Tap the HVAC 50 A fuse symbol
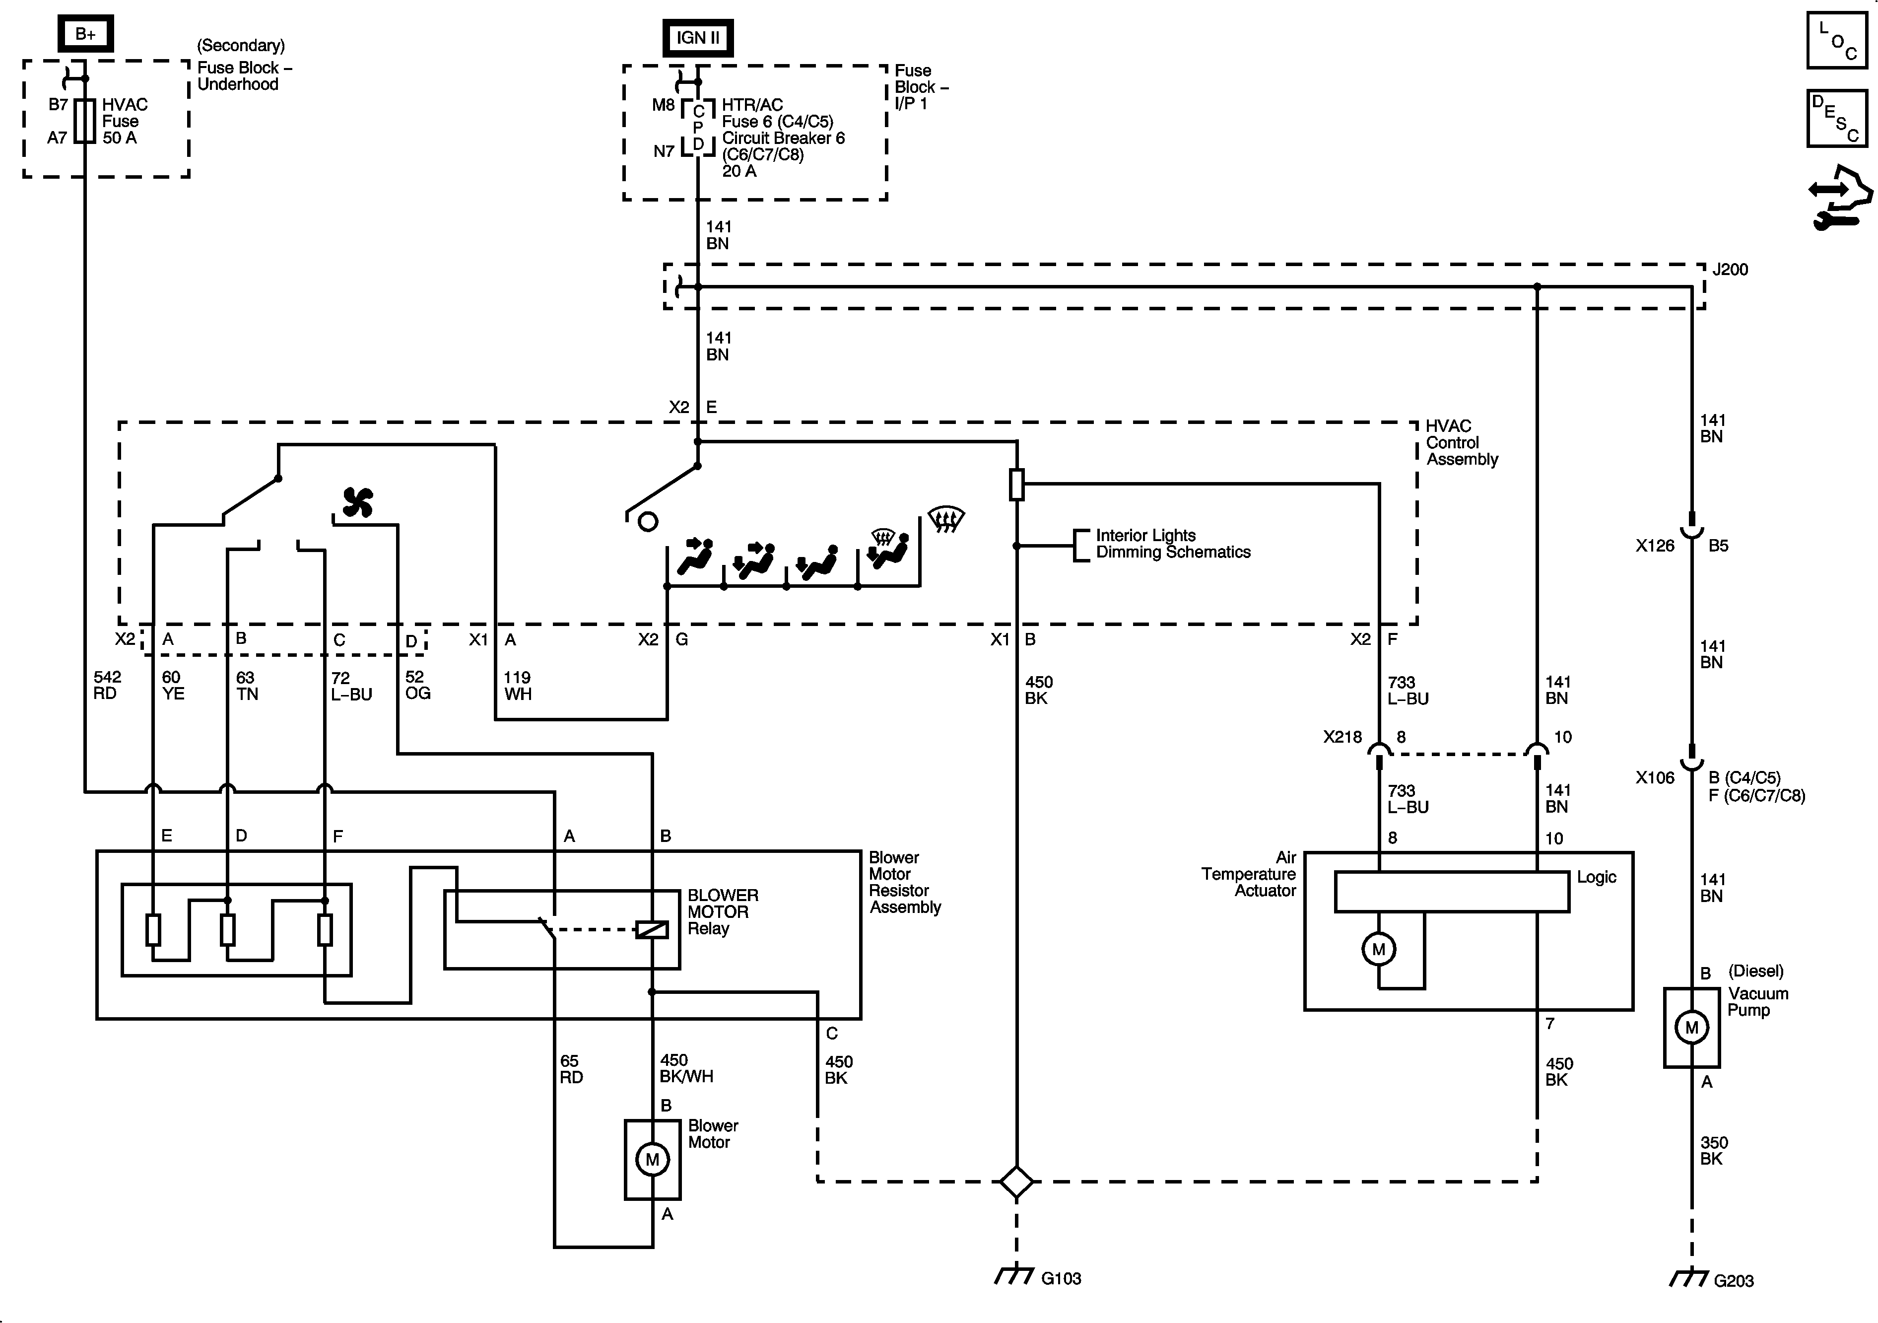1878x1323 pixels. tap(85, 121)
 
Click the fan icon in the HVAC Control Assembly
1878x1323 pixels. tap(357, 502)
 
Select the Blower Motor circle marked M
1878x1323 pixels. tap(652, 1159)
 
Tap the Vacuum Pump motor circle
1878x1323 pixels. tap(1691, 1028)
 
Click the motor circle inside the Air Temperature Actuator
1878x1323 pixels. tap(1378, 949)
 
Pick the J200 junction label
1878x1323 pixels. tap(1730, 269)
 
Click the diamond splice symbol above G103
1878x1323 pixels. tap(1016, 1182)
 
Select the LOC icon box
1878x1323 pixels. tap(1836, 39)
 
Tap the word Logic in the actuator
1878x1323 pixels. tap(1596, 877)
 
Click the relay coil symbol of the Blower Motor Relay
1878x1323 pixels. tap(652, 929)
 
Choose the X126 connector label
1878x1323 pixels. tap(1655, 546)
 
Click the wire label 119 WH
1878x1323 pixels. tap(517, 686)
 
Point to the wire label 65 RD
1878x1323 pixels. tap(571, 1068)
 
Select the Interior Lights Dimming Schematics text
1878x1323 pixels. tap(1172, 543)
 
